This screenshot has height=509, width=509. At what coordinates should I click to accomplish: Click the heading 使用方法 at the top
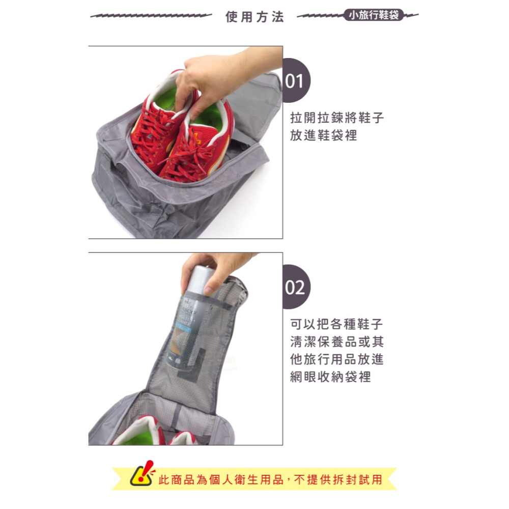[255, 17]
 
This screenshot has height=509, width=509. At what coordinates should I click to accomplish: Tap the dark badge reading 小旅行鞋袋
[374, 15]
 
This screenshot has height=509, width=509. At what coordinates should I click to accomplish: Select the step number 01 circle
[296, 80]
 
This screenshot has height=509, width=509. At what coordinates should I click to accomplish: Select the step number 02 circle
[296, 287]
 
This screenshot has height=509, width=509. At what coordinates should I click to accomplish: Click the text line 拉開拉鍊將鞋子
[337, 118]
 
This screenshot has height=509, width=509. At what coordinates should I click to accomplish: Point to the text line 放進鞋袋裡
[324, 135]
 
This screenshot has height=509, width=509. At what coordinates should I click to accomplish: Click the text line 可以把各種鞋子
[337, 324]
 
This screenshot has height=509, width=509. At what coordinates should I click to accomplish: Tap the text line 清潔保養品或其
[337, 342]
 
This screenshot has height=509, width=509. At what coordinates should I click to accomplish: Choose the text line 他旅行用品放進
[337, 359]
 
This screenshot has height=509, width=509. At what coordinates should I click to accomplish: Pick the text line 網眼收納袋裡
[330, 377]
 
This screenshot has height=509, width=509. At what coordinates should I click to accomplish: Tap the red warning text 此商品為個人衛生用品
[221, 479]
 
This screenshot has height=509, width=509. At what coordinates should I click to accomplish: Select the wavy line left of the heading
[151, 15]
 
